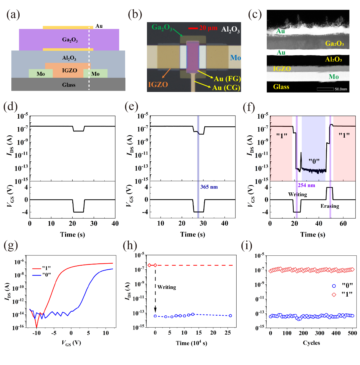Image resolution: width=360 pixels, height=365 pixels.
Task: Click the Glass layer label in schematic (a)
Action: [x=69, y=85]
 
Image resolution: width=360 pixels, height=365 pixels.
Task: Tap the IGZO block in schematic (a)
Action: [x=70, y=70]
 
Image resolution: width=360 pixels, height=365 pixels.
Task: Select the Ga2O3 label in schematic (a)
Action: [x=70, y=40]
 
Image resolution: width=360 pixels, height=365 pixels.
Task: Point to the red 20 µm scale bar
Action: [x=193, y=28]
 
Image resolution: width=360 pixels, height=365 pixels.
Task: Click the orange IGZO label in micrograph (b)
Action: [x=158, y=85]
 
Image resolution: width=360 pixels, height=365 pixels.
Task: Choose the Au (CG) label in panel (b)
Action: [x=226, y=88]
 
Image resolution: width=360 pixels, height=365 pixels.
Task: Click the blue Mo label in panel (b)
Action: [x=235, y=58]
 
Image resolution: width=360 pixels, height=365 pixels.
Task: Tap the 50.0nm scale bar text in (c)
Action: [x=341, y=89]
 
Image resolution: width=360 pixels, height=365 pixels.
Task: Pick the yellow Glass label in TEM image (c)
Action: [x=281, y=87]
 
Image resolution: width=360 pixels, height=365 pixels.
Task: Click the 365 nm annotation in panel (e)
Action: [x=209, y=187]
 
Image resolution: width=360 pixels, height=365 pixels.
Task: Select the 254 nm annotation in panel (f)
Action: [x=306, y=185]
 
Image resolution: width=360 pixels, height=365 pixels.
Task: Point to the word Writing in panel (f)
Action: [x=298, y=194]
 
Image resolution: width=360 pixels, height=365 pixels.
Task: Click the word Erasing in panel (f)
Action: [x=330, y=206]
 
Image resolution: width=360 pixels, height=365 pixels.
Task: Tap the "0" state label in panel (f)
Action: [x=314, y=161]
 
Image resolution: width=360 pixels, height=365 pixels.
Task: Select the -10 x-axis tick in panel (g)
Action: [x=36, y=333]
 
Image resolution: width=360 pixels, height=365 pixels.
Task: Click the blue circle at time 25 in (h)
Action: [x=230, y=316]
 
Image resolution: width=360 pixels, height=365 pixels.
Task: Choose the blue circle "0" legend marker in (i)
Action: [x=334, y=286]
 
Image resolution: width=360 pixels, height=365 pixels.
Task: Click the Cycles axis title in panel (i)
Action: [x=311, y=343]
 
